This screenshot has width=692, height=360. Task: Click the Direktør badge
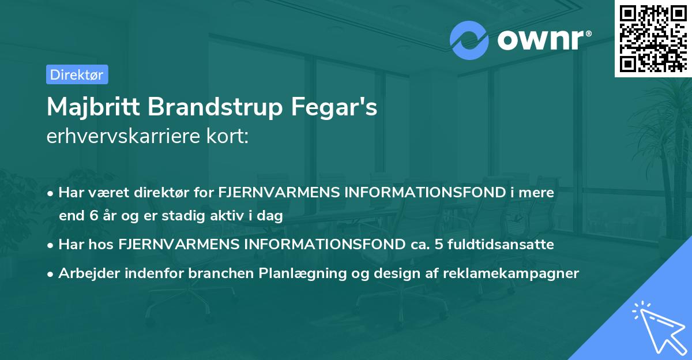pyautogui.click(x=77, y=74)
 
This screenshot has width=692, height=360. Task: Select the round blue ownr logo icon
pyautogui.click(x=469, y=40)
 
